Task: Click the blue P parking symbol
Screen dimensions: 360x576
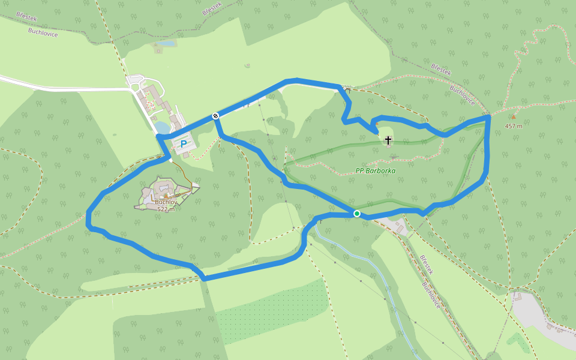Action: (x=183, y=144)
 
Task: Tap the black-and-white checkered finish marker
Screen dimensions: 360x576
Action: (x=215, y=116)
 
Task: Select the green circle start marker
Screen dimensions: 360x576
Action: (x=357, y=214)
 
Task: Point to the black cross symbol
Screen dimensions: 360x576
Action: (x=388, y=140)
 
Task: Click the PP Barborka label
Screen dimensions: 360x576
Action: (x=375, y=171)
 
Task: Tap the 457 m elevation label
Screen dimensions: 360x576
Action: (x=514, y=126)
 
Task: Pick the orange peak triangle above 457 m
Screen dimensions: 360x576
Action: (x=513, y=118)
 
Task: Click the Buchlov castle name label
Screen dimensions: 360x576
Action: (x=166, y=202)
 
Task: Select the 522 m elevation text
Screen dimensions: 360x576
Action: (x=166, y=209)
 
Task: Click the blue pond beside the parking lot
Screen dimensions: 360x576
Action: (x=162, y=127)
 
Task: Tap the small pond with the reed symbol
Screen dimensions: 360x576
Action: (x=167, y=44)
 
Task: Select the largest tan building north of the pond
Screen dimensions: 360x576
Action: (x=150, y=92)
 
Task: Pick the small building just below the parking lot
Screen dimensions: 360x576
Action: (x=186, y=155)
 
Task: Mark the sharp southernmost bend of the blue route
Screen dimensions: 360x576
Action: (x=204, y=278)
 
